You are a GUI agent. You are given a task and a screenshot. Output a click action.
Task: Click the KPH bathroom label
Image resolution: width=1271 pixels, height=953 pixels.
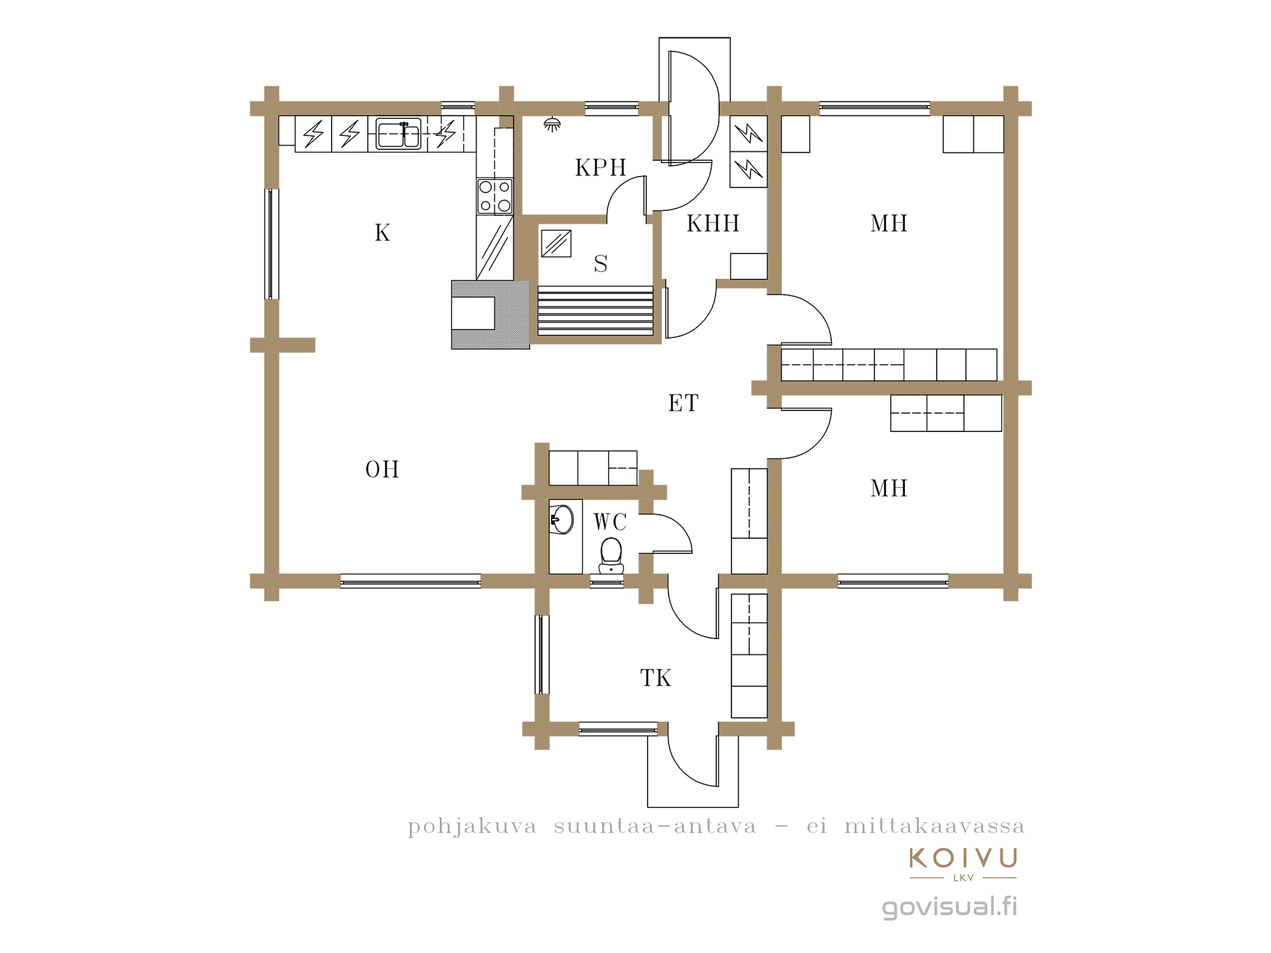click(601, 168)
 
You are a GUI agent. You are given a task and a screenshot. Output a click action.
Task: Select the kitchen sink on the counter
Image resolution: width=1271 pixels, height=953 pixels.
click(398, 133)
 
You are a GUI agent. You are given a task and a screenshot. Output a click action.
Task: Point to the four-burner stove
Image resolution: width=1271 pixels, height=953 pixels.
click(495, 196)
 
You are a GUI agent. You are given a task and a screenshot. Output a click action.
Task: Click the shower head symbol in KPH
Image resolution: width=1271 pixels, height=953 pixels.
click(552, 124)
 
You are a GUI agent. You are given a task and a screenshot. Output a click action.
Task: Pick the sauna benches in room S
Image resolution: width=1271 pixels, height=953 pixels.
click(595, 311)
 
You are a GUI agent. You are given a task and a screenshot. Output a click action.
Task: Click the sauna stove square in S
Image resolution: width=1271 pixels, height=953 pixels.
click(556, 243)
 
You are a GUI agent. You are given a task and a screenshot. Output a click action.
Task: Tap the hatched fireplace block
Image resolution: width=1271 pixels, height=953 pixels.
click(490, 314)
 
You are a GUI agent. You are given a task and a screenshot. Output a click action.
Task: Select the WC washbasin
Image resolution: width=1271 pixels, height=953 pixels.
click(561, 519)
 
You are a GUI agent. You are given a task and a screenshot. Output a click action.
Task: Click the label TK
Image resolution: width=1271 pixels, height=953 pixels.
click(655, 678)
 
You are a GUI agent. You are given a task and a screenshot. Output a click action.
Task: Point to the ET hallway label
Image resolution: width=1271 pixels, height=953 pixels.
click(683, 403)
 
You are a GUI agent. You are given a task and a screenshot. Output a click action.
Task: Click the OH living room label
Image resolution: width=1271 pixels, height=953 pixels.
click(382, 470)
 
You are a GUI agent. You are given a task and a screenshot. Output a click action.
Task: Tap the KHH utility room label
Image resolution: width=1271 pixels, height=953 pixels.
click(713, 224)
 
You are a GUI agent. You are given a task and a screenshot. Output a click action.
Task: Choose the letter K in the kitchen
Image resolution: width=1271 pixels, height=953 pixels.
click(382, 233)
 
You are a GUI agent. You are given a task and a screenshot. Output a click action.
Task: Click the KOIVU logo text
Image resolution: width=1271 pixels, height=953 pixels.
click(963, 858)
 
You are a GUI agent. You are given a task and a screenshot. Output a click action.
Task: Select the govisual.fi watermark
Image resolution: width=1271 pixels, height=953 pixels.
click(949, 907)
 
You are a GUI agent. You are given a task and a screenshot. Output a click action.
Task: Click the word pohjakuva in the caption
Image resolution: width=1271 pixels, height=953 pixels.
click(472, 827)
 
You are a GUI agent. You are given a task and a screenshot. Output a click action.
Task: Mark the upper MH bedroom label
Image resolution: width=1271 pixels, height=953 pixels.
click(889, 224)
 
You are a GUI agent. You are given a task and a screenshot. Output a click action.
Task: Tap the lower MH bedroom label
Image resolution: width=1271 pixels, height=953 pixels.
click(889, 489)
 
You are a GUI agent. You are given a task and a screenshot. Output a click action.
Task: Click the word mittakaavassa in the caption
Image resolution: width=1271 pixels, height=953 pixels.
click(934, 827)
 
